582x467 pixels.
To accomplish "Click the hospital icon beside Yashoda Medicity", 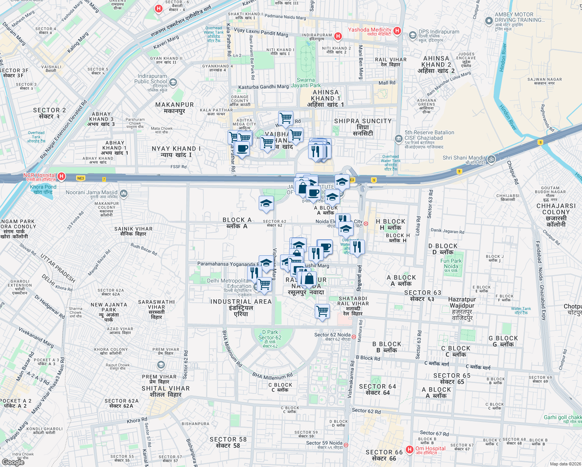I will coord(397,30).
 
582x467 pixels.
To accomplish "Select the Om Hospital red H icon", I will coord(409,450).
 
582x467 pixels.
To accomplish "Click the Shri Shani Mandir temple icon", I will coord(491,159).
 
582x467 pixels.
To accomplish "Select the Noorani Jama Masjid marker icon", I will coord(124,193).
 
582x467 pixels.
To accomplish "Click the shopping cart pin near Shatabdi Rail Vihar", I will coord(322,311).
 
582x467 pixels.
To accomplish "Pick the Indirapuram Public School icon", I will coord(173,82).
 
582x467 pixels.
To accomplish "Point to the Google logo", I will coord(13,462).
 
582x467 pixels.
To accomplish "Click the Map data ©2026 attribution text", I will coord(565,463).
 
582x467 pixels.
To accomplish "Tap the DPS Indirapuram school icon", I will coord(412,36).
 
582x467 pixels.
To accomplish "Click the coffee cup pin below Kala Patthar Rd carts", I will coord(242,149).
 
